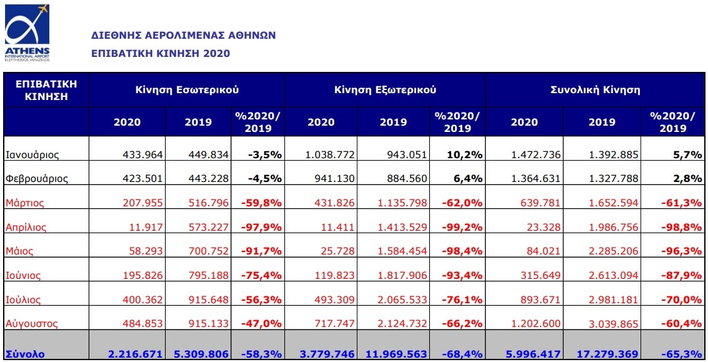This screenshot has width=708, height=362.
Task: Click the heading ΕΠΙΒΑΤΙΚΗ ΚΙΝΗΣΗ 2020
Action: click(x=161, y=53)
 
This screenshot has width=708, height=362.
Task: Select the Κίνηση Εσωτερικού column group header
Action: click(x=187, y=90)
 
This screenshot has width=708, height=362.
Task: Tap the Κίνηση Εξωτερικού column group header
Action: click(x=385, y=90)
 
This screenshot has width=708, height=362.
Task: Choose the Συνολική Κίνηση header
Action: click(x=595, y=90)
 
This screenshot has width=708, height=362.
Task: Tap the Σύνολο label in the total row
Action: click(x=25, y=354)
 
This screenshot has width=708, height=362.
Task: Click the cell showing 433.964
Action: click(x=141, y=154)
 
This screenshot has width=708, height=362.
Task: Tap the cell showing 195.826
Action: click(x=141, y=275)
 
